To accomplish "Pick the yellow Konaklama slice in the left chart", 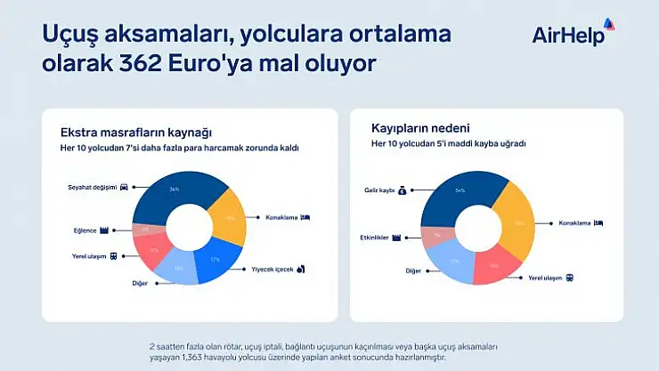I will click(x=229, y=218).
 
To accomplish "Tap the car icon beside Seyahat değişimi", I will click(x=123, y=187).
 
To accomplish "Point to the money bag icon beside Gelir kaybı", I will click(x=402, y=190).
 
